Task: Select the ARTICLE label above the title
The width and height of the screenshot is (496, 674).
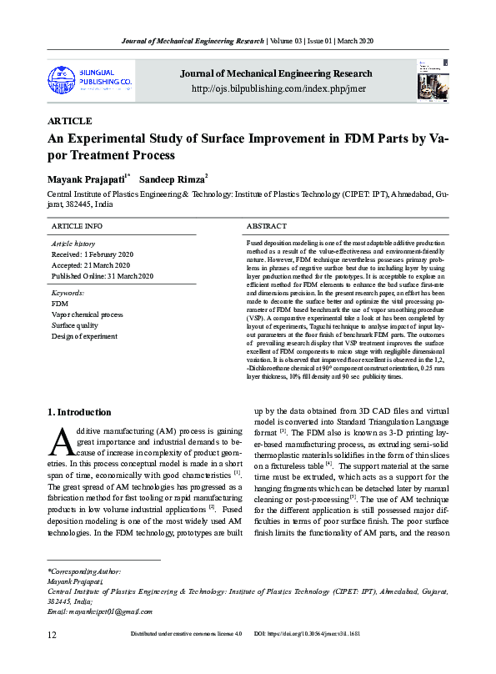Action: click(x=70, y=121)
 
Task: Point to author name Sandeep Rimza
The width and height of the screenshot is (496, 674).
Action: click(x=171, y=179)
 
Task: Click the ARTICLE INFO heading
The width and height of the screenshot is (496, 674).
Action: click(x=77, y=226)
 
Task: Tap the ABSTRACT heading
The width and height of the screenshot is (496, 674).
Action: click(x=268, y=226)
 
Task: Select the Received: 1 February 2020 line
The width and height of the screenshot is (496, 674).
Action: click(x=93, y=254)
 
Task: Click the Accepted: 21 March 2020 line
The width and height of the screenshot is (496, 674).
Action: click(x=92, y=264)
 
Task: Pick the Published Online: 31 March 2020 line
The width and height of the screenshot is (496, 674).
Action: click(x=103, y=276)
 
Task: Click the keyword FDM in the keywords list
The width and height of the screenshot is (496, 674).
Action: click(x=59, y=304)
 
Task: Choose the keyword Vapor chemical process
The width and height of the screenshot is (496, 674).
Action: click(x=87, y=314)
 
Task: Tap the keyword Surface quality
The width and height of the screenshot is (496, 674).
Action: click(x=75, y=325)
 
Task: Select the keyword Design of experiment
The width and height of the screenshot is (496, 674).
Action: click(x=83, y=336)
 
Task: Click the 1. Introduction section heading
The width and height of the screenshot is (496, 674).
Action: click(x=79, y=412)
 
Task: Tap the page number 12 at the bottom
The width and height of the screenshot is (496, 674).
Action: click(x=52, y=658)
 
